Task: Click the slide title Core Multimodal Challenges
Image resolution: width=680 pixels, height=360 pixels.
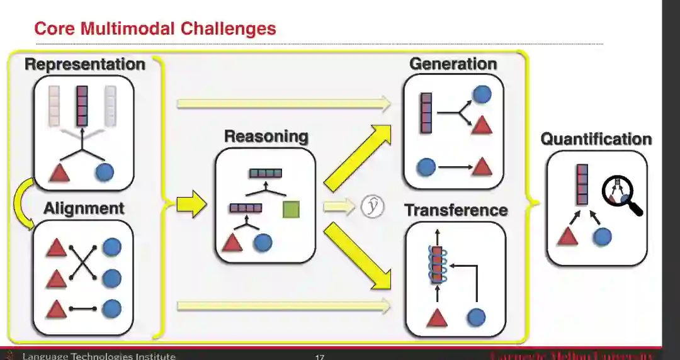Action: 155,28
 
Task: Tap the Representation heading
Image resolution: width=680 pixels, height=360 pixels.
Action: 84,64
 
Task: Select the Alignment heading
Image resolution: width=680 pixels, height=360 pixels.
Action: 84,208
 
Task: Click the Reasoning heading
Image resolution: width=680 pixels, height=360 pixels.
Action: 266,136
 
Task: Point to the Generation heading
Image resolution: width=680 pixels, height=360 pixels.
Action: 453,64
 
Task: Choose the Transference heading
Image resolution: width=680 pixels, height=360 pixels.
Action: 456,210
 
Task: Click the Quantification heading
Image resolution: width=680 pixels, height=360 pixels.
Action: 596,139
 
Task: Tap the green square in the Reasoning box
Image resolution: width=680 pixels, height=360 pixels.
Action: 291,210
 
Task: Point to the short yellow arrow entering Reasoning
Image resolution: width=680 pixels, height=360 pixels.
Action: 191,205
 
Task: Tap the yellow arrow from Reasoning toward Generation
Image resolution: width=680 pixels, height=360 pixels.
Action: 357,157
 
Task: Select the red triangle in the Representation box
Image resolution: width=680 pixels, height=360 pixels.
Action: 59,172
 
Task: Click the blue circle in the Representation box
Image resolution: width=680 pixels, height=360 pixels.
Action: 104,172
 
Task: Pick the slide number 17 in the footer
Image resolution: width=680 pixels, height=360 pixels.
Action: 319,357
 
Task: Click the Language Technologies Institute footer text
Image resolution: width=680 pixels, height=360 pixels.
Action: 99,356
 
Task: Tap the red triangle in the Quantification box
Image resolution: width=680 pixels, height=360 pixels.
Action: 568,236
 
